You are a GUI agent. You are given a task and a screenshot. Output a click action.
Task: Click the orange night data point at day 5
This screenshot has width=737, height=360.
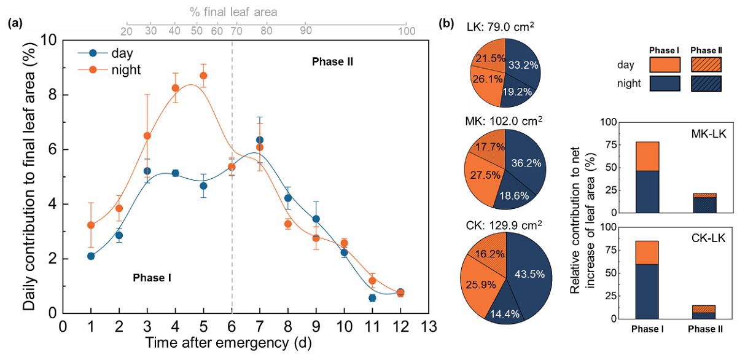coord(203,76)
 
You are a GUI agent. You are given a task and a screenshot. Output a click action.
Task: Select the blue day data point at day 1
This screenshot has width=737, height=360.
coord(91,256)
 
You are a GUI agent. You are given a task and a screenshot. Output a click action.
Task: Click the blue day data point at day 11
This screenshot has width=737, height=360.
coord(372,298)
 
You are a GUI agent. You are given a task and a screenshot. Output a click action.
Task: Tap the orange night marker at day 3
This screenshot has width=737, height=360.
coord(147,136)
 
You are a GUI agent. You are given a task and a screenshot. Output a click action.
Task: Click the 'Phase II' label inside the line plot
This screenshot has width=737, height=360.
coord(332,61)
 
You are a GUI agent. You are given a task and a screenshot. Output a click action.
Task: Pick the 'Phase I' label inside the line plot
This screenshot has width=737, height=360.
coord(152,278)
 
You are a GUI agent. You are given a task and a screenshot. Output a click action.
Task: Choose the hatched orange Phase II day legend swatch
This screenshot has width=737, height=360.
coord(703,65)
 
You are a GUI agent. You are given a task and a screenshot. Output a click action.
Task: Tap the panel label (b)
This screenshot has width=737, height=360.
coord(446,24)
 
